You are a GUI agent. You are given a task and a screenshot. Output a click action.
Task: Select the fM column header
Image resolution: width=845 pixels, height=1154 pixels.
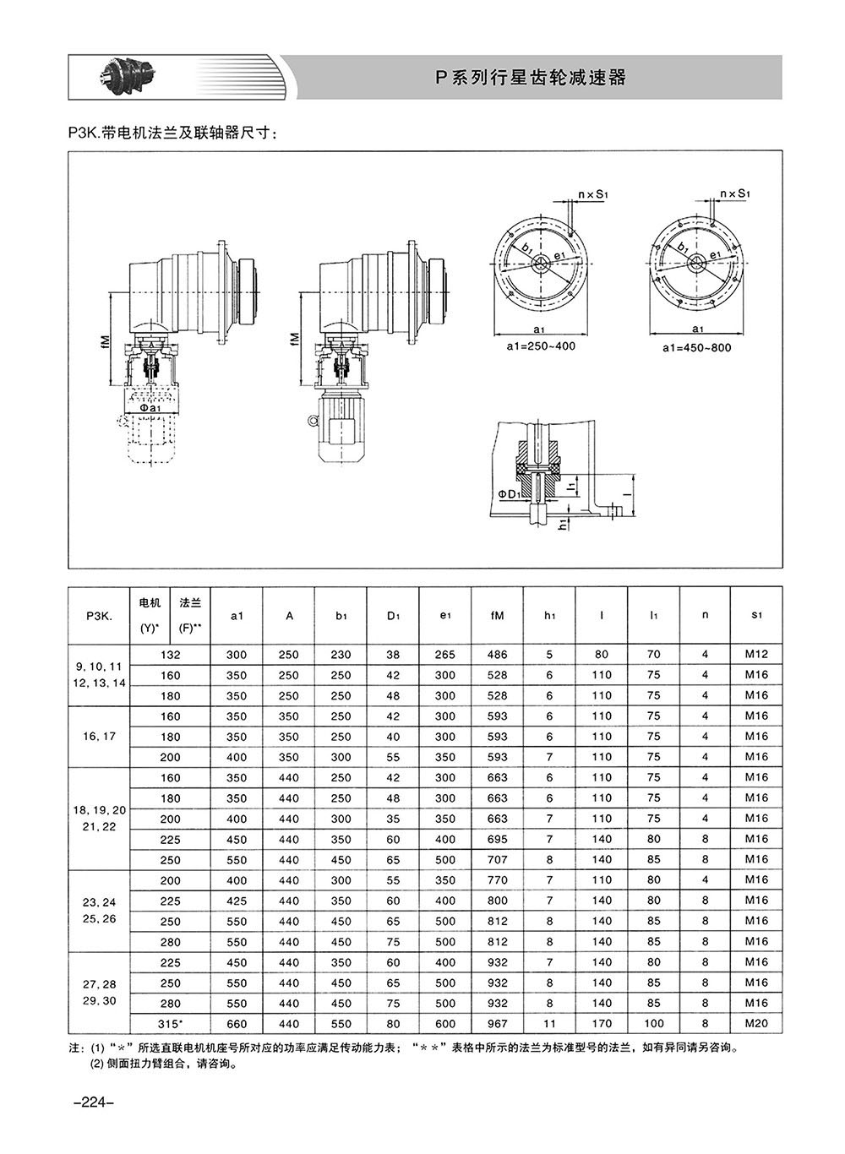coord(497,615)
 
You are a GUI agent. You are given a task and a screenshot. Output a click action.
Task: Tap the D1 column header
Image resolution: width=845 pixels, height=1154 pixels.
coord(393,615)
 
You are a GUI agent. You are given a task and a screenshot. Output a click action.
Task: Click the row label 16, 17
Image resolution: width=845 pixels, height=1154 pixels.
coord(99,736)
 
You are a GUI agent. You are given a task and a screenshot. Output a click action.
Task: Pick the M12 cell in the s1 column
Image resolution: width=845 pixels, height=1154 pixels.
coord(756,654)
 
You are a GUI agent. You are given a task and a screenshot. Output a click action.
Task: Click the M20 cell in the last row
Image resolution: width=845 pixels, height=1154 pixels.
coord(756,1023)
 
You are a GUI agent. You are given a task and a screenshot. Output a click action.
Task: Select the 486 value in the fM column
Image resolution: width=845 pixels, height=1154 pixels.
coord(497,654)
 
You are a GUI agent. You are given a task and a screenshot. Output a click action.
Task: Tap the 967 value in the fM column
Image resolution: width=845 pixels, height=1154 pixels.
coord(497,1023)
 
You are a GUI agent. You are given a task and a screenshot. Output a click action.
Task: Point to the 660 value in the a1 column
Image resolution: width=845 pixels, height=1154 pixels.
coord(237,1023)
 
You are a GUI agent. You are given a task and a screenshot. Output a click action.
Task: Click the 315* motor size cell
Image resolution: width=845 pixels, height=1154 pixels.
coord(170,1023)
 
